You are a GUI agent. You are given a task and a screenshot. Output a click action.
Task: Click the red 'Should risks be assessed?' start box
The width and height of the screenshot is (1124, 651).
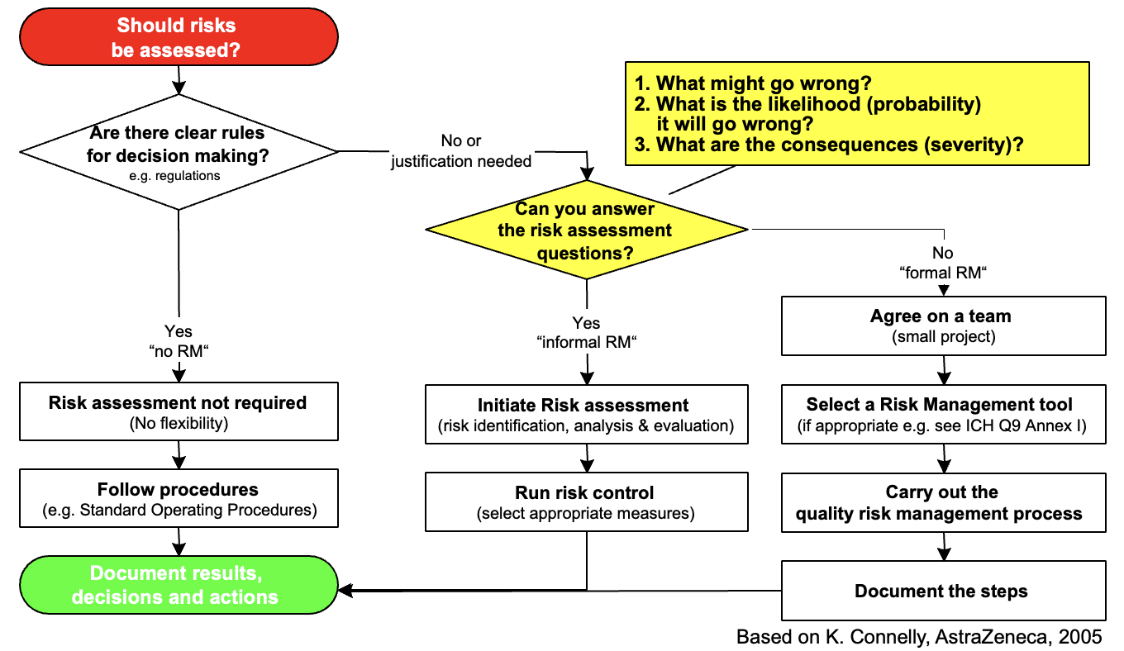pos(179,38)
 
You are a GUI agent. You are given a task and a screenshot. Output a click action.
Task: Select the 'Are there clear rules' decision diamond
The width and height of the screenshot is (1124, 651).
pos(179,151)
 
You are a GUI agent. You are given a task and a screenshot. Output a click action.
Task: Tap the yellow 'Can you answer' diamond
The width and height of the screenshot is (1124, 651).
pos(586,230)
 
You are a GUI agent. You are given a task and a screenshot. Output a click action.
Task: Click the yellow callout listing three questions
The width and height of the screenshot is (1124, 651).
pos(857,113)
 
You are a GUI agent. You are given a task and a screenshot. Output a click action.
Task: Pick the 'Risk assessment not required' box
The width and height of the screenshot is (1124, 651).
pos(179,411)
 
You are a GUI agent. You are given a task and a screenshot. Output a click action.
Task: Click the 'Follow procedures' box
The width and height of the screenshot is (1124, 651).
pos(179,499)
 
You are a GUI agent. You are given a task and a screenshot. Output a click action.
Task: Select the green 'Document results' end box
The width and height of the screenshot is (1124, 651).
pos(179,585)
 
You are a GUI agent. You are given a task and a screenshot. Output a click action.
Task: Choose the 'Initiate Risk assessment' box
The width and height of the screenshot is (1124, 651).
pos(586,414)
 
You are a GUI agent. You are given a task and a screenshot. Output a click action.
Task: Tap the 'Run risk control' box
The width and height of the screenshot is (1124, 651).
pos(586,501)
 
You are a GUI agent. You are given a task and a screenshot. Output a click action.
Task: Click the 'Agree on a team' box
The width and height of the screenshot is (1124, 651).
pos(942,325)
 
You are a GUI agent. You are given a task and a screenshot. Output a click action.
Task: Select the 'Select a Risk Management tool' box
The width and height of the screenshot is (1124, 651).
pos(942,414)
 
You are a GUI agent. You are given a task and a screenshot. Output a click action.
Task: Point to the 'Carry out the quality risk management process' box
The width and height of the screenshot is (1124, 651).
pos(942,502)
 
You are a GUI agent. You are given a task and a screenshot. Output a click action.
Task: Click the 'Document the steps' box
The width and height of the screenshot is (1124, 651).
pos(942,591)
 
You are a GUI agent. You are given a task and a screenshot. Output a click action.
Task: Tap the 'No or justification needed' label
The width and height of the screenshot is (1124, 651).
pos(461,152)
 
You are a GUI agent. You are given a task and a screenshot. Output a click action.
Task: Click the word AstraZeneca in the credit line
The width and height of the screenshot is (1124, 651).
pos(979,637)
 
